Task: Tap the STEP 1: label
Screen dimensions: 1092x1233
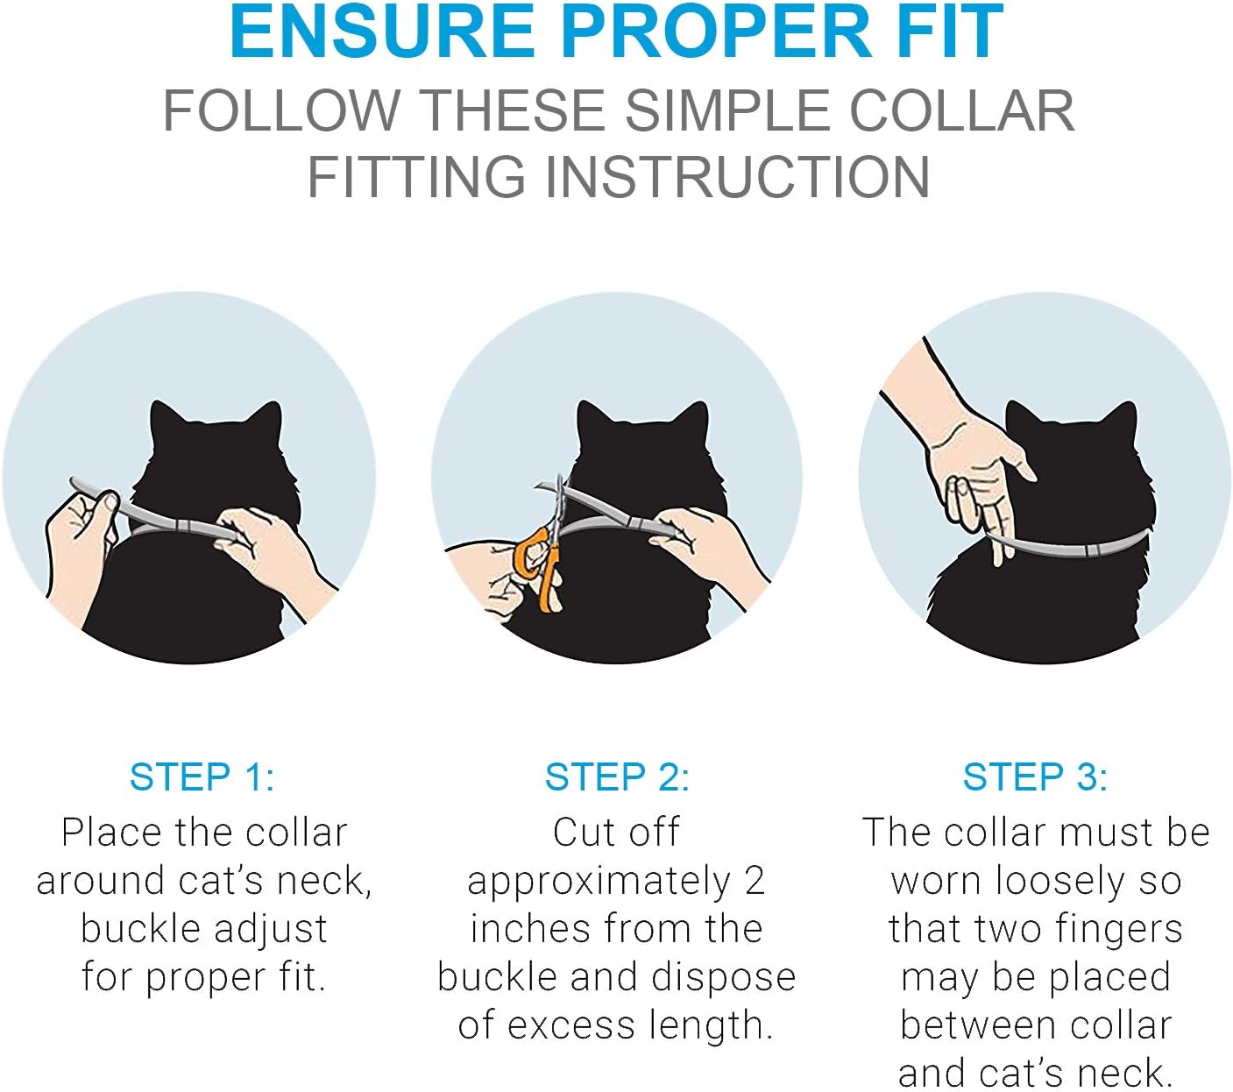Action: [x=202, y=777]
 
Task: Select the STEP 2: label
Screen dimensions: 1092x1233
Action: [x=617, y=777]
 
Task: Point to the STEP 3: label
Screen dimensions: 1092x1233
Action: [x=1035, y=777]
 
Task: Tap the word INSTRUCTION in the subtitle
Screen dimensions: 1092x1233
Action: [x=737, y=177]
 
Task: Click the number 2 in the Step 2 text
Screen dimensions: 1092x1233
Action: [x=755, y=881]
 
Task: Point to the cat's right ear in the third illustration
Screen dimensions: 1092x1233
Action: [x=1122, y=422]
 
